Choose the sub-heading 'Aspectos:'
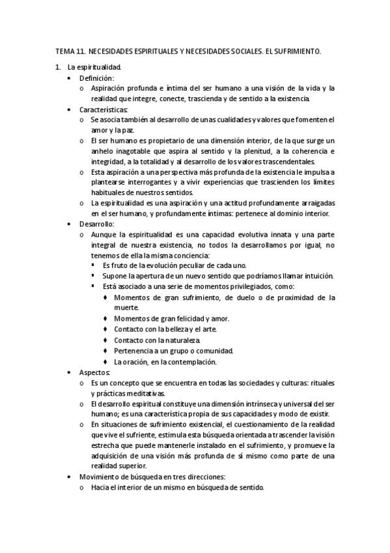(94, 372)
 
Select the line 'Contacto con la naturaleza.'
(157, 340)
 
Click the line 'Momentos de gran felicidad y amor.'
(171, 318)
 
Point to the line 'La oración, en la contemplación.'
(165, 361)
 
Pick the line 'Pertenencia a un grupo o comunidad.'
(173, 351)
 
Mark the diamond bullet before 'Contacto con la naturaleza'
(105, 340)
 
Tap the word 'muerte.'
(126, 307)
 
